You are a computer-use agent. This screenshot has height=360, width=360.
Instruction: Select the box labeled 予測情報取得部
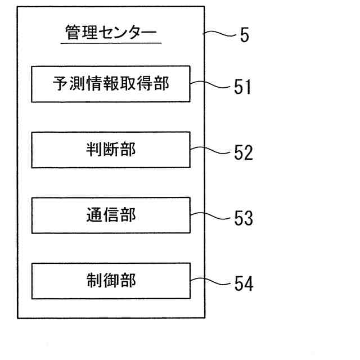[110, 84]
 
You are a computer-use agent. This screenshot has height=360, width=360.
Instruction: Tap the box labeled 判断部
[110, 150]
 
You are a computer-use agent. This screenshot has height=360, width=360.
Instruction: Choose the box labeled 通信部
[110, 215]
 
